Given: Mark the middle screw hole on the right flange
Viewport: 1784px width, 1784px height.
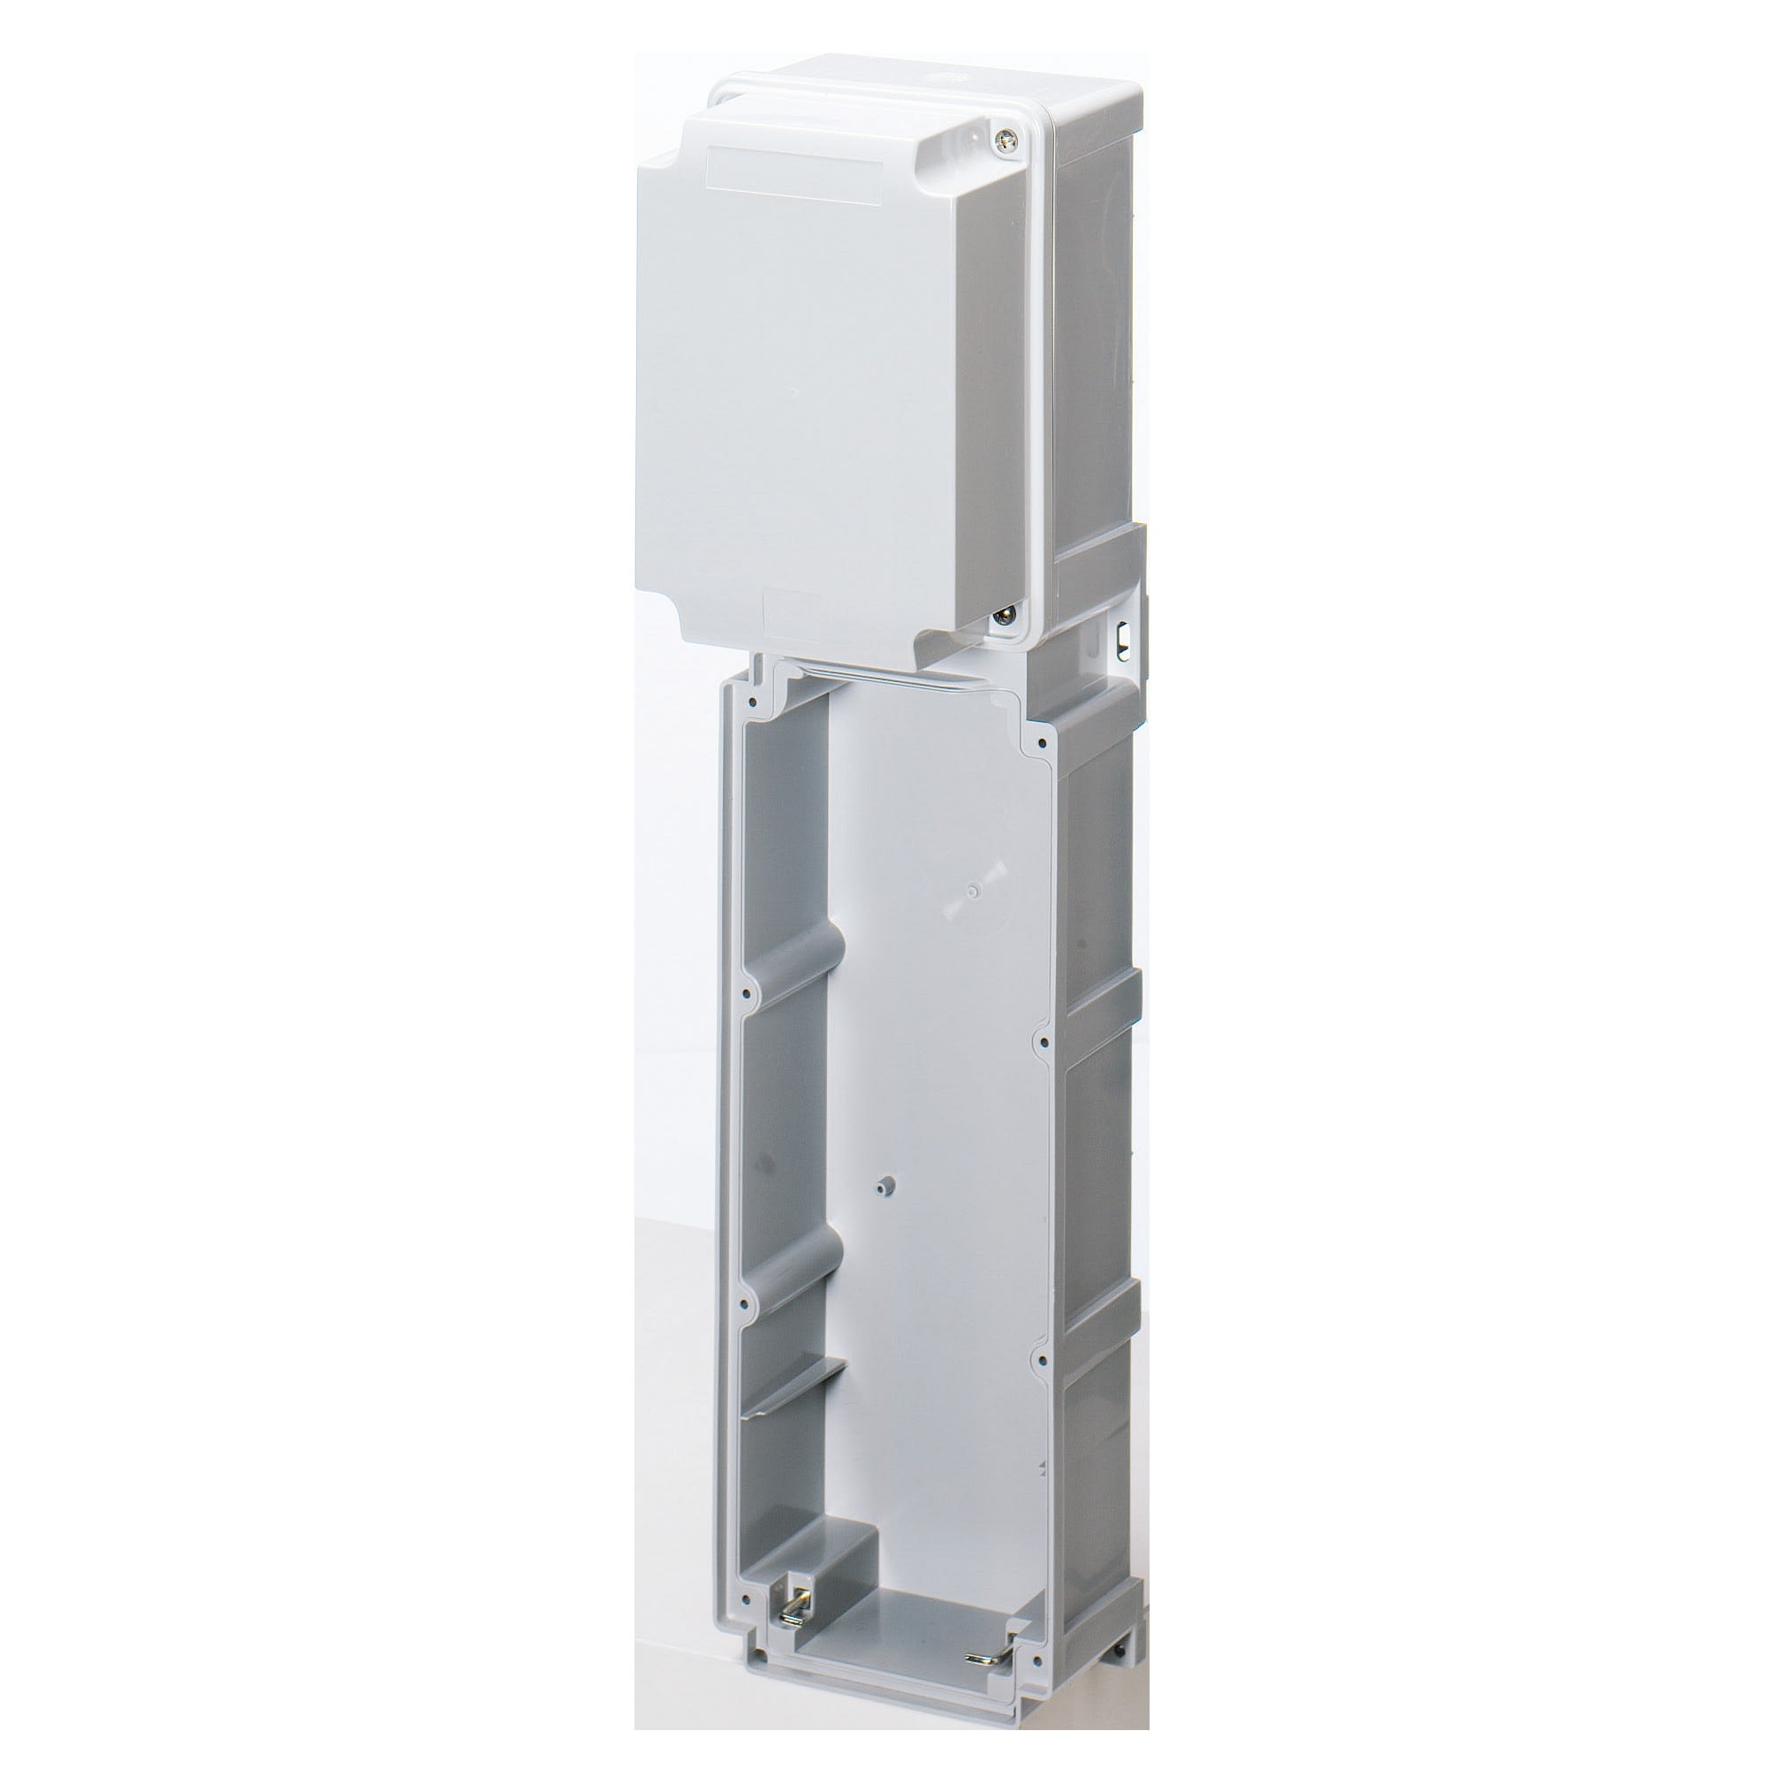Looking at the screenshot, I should (1042, 1043).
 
